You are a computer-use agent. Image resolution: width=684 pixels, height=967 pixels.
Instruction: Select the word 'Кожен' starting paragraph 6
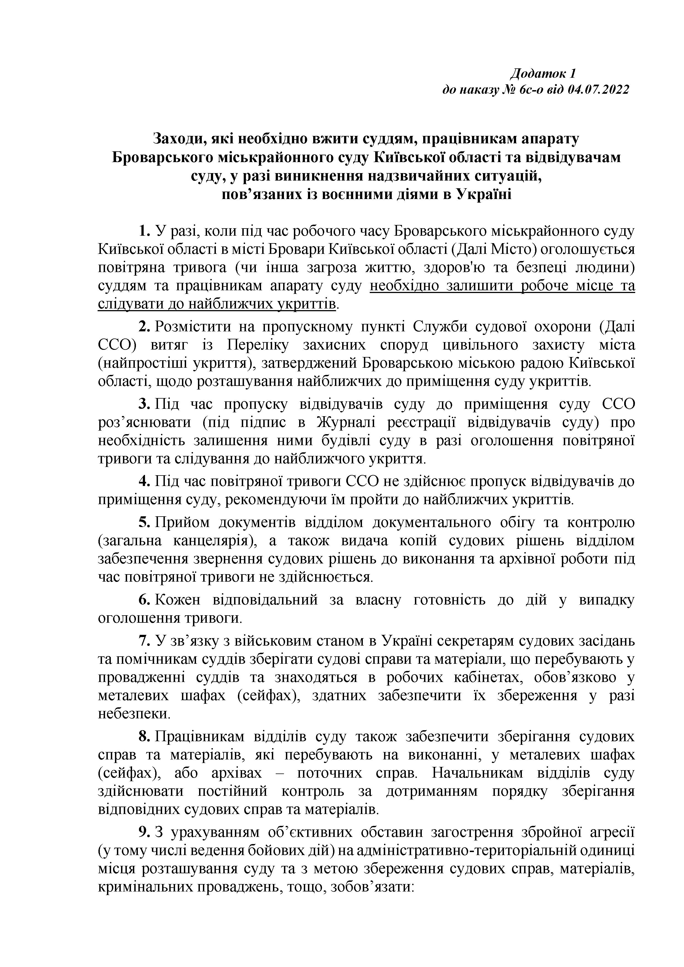tap(177, 600)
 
